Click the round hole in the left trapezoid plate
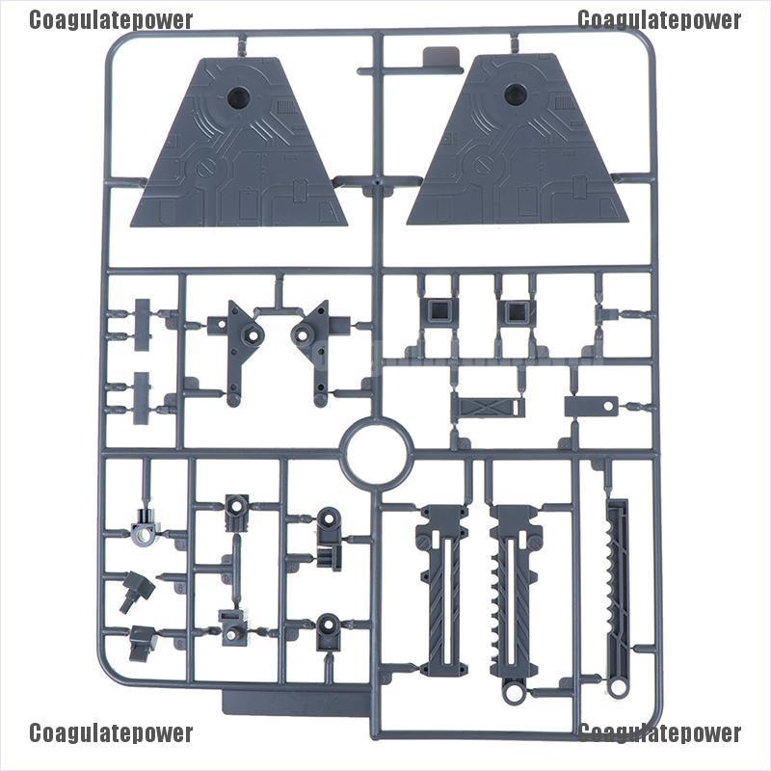click(x=238, y=96)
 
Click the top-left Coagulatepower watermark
click(x=111, y=20)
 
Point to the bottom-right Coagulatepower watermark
click(x=660, y=733)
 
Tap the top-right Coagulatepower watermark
click(x=660, y=20)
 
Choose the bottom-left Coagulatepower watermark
click(x=111, y=733)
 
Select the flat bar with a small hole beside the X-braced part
click(x=590, y=407)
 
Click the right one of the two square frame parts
click(x=515, y=310)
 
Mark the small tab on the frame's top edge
click(x=439, y=60)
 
